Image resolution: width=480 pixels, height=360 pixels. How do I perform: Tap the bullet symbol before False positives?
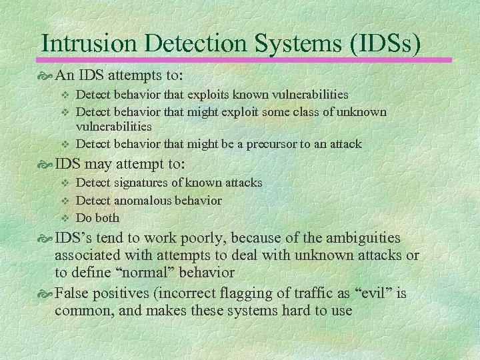[x=47, y=294]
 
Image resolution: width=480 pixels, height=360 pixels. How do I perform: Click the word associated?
[x=89, y=255]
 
